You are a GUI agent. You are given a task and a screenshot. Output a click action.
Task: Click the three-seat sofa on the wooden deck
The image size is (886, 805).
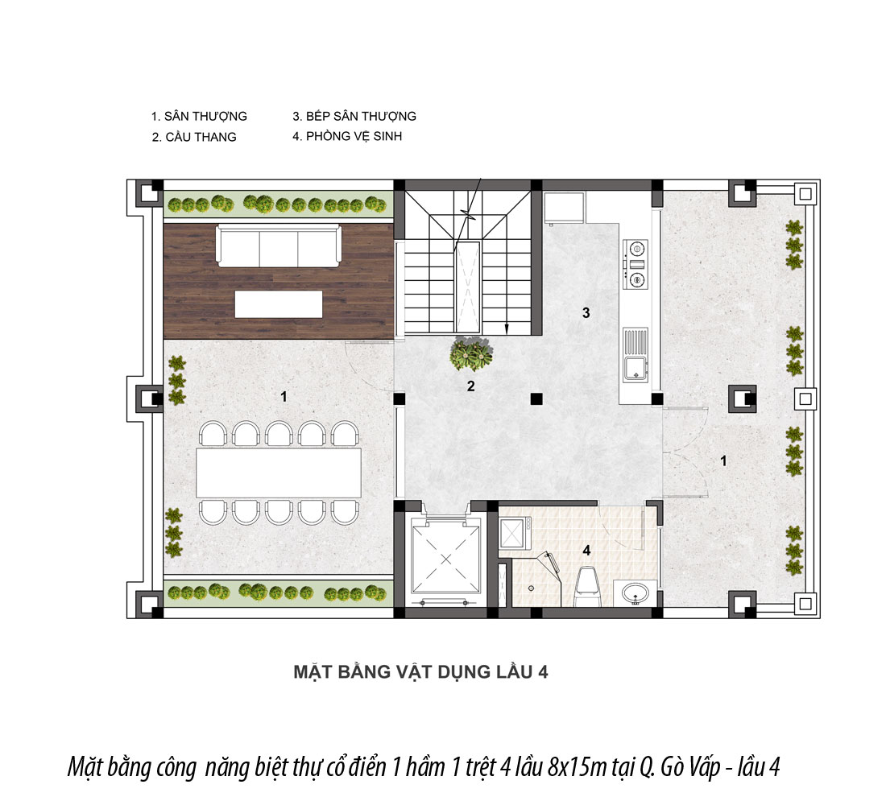pyautogui.click(x=279, y=246)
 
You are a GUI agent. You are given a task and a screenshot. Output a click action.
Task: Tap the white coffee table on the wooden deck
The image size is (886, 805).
pyautogui.click(x=279, y=304)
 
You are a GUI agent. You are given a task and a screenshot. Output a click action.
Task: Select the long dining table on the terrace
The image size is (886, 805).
pyautogui.click(x=279, y=473)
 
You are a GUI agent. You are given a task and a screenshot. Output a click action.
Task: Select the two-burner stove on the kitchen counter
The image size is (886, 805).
pyautogui.click(x=636, y=263)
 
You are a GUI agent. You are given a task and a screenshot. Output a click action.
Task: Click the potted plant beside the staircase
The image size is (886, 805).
pyautogui.click(x=470, y=353)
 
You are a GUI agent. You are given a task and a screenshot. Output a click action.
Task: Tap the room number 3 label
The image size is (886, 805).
pyautogui.click(x=586, y=312)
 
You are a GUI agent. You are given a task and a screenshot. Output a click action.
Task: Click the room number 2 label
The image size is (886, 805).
pyautogui.click(x=470, y=386)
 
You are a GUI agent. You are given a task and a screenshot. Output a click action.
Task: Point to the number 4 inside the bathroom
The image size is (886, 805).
pyautogui.click(x=586, y=550)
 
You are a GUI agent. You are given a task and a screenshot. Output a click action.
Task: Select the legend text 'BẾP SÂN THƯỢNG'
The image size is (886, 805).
pyautogui.click(x=361, y=117)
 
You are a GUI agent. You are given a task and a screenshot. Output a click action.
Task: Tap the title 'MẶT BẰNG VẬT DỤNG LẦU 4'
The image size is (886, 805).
pyautogui.click(x=420, y=671)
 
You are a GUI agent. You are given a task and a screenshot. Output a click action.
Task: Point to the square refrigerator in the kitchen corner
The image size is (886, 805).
pyautogui.click(x=565, y=208)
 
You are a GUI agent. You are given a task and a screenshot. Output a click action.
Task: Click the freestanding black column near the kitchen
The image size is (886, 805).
pyautogui.click(x=536, y=398)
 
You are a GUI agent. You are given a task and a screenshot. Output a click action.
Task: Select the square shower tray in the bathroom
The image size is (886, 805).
pyautogui.click(x=514, y=533)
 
